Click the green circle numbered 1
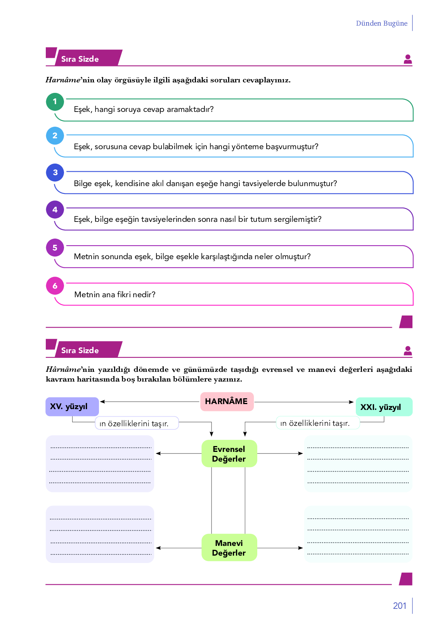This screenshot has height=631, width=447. (55, 101)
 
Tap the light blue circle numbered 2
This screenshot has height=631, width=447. (55, 136)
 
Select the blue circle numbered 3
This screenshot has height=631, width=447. (55, 173)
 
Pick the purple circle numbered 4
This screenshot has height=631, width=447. (55, 210)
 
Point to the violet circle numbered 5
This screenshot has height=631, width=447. (55, 248)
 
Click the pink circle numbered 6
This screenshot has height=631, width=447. (55, 286)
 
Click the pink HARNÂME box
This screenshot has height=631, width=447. (227, 401)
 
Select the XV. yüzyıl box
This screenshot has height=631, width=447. (72, 406)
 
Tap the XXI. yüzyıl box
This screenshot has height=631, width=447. (383, 407)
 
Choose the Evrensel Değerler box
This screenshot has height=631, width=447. (229, 453)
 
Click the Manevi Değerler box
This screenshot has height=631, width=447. (229, 547)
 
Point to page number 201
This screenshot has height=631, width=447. (399, 605)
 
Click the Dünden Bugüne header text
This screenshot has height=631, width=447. (381, 23)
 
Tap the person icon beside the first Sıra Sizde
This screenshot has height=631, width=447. (407, 59)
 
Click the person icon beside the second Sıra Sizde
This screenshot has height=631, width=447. (407, 350)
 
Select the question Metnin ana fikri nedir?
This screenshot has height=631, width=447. (115, 295)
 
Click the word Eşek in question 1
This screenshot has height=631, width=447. (83, 110)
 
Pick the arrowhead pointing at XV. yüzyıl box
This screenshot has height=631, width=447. (102, 402)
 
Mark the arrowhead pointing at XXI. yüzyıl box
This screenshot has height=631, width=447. (351, 402)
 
